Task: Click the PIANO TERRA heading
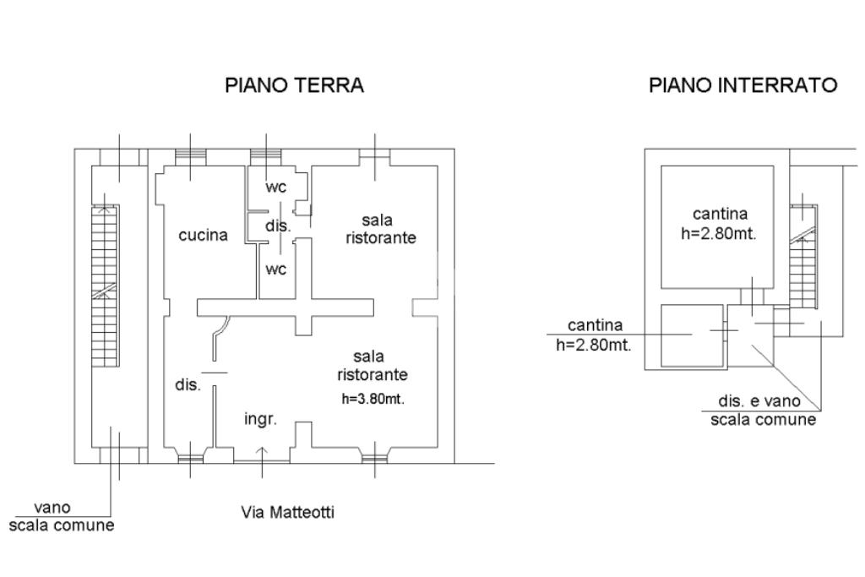[x=294, y=85]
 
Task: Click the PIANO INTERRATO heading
[x=743, y=85]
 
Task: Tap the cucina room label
[x=203, y=236]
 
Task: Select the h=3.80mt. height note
[x=373, y=400]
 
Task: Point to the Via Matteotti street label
[x=288, y=512]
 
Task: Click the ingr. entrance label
[x=261, y=419]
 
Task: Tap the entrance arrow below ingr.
[x=262, y=453]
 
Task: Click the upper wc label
[x=276, y=188]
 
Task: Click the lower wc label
[x=276, y=269]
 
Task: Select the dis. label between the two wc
[x=277, y=226]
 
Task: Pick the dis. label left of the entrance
[x=188, y=385]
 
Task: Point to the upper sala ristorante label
[x=380, y=229]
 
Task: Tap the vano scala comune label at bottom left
[x=62, y=516]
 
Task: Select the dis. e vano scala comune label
[x=761, y=411]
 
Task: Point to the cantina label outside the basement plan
[x=595, y=335]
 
